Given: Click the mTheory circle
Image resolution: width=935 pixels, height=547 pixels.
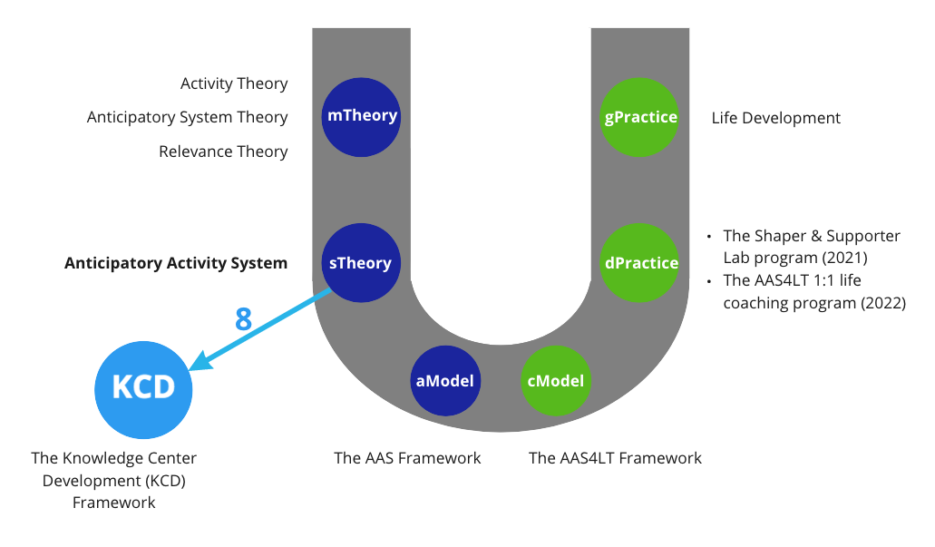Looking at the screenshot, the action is click(361, 117).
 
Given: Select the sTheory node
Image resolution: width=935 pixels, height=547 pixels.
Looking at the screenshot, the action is click(361, 262).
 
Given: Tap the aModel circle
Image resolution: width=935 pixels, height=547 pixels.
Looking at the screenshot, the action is click(445, 381).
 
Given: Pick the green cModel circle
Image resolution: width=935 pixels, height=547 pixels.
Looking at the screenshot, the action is click(556, 381).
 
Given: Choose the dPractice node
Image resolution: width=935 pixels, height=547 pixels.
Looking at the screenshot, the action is click(639, 262).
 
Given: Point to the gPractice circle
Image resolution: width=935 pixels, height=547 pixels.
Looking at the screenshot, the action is click(639, 117).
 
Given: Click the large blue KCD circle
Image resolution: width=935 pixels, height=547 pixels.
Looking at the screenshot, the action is click(143, 389).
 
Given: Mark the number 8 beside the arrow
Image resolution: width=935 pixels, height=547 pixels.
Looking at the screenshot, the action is click(243, 319).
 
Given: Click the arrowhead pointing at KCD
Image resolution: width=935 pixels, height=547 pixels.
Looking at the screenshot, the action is click(200, 361).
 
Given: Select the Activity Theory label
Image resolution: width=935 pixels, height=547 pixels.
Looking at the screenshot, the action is click(234, 83).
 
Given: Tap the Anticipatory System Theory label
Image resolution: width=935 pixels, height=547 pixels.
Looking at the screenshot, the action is click(187, 117).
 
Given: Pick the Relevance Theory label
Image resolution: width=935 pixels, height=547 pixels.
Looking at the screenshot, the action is click(223, 151).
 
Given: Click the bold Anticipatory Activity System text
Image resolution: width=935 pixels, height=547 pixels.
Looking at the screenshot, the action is click(176, 263).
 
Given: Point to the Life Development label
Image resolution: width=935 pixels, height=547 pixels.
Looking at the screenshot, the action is click(775, 118).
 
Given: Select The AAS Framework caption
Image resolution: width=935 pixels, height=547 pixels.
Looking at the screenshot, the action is click(407, 458).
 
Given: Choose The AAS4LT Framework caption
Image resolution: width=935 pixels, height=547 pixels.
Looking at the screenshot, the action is click(615, 458).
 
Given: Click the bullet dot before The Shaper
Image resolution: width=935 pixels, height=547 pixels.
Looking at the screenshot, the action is click(709, 237).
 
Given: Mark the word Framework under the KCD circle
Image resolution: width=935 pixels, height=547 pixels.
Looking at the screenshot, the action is click(114, 503).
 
